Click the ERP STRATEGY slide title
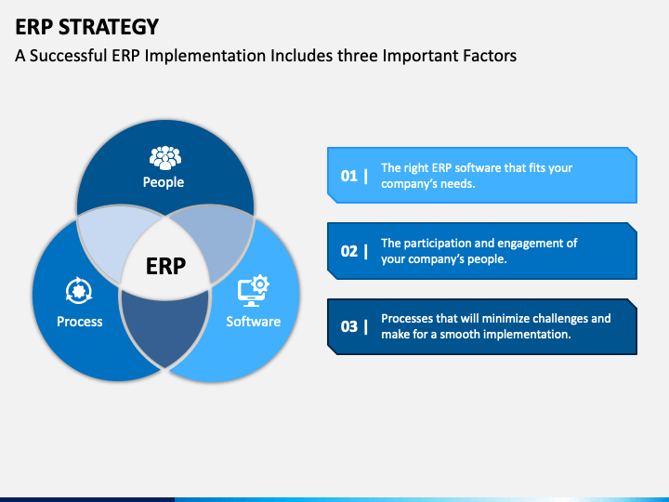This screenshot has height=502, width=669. (87, 26)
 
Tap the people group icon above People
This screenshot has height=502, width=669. (164, 157)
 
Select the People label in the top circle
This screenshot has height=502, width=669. (164, 182)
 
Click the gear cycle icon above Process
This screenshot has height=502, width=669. (79, 291)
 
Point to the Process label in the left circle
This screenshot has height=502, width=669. (80, 322)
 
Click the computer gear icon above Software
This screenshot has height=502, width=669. (253, 291)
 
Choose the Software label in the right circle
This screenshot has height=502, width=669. (253, 322)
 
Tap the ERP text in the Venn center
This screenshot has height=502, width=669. (165, 267)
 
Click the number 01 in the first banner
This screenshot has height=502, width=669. (349, 175)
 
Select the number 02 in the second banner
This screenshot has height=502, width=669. (349, 251)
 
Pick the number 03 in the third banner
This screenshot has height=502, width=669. (349, 326)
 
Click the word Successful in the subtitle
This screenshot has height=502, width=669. (69, 56)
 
